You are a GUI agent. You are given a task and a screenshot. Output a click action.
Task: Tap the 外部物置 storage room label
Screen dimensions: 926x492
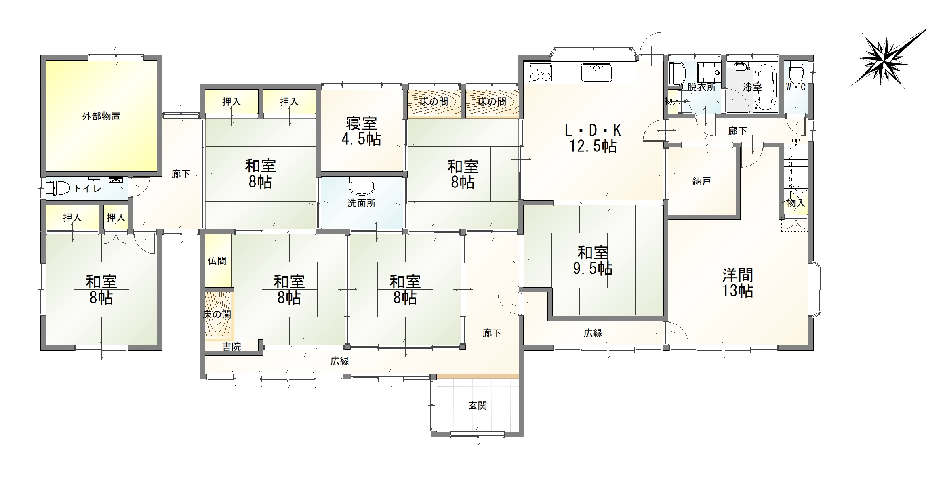tap(101, 116)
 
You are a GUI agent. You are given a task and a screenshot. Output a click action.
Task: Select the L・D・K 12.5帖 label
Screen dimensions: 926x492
tap(593, 138)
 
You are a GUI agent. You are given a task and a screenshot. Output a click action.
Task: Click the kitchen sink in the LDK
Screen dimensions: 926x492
tap(596, 73)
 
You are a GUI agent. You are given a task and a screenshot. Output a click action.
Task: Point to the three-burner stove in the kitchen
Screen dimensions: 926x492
tap(540, 73)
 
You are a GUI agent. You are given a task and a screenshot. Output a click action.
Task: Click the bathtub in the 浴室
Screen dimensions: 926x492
tap(766, 86)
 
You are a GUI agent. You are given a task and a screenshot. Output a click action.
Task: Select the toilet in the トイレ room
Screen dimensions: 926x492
tap(59, 188)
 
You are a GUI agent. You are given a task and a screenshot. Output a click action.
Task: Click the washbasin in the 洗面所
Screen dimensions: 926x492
tap(362, 186)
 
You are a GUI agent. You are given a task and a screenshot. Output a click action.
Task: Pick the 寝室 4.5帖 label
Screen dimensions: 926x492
tap(361, 131)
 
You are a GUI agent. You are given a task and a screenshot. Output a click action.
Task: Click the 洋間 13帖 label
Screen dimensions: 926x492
tap(738, 283)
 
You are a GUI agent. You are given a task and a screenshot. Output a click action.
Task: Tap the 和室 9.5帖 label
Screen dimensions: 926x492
tap(593, 261)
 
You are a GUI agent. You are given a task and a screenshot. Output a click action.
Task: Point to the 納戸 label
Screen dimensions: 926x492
tap(701, 182)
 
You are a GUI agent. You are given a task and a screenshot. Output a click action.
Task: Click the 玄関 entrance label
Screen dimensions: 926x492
tap(478, 406)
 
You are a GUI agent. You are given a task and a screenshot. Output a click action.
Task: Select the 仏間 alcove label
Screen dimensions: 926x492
tap(217, 261)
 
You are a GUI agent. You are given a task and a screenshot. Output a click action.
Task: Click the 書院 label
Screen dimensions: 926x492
tap(231, 346)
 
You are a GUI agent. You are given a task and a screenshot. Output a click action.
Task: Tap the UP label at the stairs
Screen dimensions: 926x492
tap(796, 141)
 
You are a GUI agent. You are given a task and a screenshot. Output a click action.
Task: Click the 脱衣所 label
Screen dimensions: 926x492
tap(701, 87)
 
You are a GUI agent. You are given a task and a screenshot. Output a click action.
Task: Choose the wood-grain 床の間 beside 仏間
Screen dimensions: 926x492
tap(219, 315)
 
